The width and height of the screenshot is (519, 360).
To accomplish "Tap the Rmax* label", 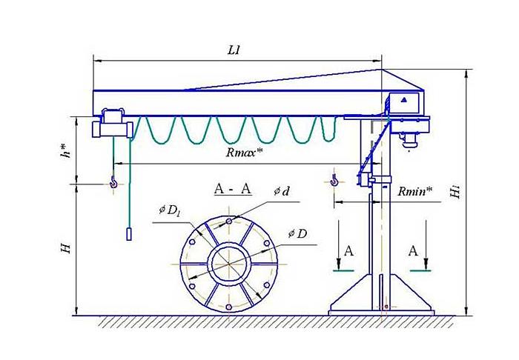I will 245,154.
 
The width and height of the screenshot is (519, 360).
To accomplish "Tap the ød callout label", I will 281,191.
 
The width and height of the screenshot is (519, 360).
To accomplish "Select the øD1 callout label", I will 169,210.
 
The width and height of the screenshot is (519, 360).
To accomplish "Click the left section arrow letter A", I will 348,252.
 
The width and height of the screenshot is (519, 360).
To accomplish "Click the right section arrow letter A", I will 414,252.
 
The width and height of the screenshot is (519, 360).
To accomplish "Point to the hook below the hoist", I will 113,181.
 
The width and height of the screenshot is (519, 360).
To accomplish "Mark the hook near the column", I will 334,180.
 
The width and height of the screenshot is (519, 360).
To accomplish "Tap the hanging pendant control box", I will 128,235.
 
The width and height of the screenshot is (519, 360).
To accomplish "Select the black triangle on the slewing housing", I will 404,99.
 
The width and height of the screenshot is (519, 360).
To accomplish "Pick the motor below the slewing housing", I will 408,136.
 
